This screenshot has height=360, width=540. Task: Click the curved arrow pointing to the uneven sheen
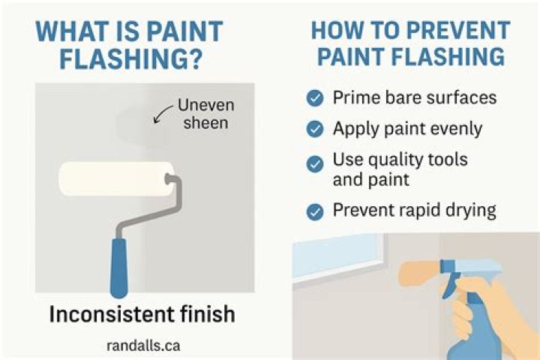click(x=161, y=115)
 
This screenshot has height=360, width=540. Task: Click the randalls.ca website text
click(x=143, y=346)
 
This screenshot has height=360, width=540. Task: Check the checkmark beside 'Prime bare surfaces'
click(x=316, y=97)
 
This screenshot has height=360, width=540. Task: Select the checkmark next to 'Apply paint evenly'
click(x=316, y=129)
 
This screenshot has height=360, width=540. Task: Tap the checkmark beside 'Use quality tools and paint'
click(x=316, y=163)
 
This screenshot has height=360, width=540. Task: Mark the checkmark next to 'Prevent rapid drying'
click(x=316, y=211)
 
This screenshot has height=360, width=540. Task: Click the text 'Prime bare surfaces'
click(x=415, y=97)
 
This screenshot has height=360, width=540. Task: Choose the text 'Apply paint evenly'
click(x=407, y=129)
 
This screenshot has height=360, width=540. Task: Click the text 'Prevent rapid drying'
click(x=414, y=210)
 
